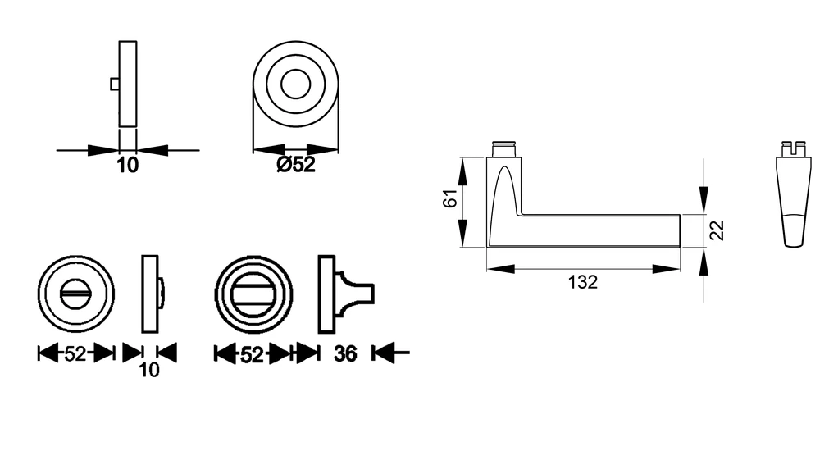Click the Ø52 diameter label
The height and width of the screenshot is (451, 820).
296,165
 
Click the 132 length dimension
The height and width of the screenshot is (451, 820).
582,282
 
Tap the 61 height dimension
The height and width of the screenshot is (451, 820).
450,198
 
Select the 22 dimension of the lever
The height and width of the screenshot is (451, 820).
718,230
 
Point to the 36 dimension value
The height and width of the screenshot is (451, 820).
345,353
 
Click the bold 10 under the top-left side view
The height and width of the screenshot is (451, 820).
128,166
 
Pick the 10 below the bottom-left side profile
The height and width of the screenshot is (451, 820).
149,370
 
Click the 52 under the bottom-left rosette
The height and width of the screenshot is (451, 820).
75,354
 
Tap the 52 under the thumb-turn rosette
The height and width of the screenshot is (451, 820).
252,355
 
